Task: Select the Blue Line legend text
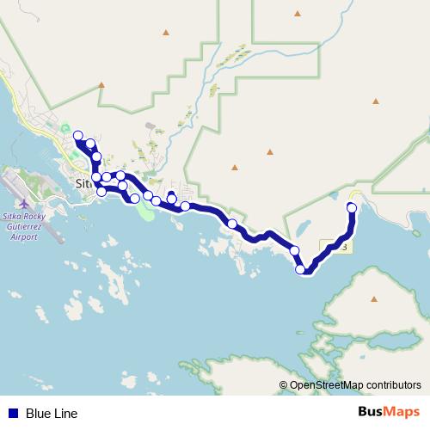(52, 414)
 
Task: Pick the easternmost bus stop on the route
(352, 207)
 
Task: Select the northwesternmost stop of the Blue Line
(78, 135)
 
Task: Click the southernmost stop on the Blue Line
(301, 269)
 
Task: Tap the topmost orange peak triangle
(297, 14)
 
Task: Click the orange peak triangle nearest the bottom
(374, 299)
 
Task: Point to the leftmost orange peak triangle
(101, 85)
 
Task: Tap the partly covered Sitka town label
(83, 184)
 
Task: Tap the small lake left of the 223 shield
(303, 230)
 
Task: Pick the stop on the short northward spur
(171, 198)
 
